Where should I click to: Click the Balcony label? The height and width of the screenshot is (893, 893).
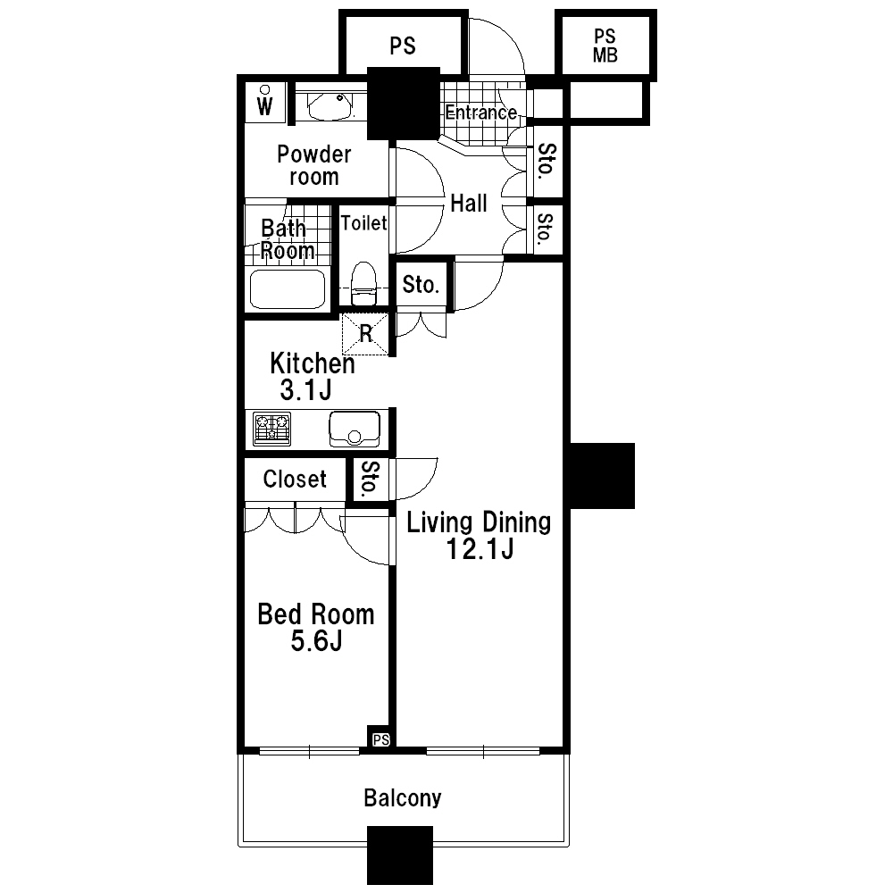pos(403,797)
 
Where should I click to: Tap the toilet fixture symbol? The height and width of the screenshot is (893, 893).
pos(364,284)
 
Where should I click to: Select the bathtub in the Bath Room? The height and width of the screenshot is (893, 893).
pos(288,288)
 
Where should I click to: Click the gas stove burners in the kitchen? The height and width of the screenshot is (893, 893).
pos(271,429)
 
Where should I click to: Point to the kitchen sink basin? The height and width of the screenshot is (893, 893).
pos(355,429)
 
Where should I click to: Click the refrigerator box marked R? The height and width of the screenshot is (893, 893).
pos(365,334)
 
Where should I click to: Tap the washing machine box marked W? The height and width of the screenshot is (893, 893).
pos(265,103)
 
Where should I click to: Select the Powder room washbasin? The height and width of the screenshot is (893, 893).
pos(330,106)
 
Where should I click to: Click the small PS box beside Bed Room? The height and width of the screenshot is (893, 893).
pos(381,739)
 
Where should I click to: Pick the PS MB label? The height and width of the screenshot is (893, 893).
pos(605,46)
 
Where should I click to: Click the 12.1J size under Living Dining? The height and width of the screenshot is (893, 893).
pos(480,549)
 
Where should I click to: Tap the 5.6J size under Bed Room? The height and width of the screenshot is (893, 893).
pos(317,641)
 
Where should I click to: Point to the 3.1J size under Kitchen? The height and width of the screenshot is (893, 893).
pos(305,390)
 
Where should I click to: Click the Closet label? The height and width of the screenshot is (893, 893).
pos(295,479)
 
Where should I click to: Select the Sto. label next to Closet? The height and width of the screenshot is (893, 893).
pos(370,479)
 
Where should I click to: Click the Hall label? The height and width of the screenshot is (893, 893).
pos(469,204)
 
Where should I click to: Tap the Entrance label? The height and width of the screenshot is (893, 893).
pos(481,113)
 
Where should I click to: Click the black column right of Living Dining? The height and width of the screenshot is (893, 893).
pos(602,476)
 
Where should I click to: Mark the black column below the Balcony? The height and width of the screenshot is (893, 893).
pos(400,855)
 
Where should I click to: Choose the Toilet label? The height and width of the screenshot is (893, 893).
pos(363,222)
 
